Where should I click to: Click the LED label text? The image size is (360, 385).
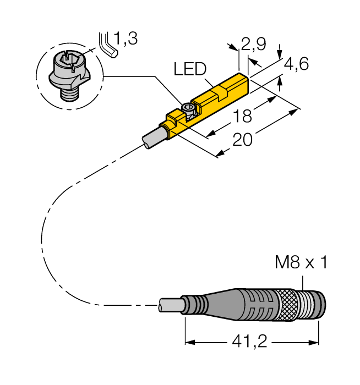coord(189,69)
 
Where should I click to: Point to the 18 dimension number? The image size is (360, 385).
coord(241,117)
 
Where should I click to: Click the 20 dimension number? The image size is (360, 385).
coord(242,141)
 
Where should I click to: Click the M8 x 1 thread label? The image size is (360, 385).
coord(301,263)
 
